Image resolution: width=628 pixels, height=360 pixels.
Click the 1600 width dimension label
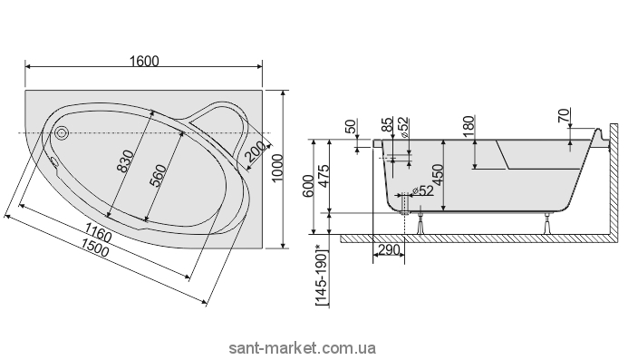point(144,61)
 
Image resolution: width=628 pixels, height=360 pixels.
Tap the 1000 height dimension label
point(277,168)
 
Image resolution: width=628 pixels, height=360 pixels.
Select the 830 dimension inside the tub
point(126,161)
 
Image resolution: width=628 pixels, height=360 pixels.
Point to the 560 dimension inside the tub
point(158,176)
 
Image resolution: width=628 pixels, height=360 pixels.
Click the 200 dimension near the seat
point(256,151)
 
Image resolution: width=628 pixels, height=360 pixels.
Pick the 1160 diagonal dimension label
point(99,232)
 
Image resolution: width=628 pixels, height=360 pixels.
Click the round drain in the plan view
point(62,132)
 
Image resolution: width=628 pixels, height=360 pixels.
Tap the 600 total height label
point(308,186)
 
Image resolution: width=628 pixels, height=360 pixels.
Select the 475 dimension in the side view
point(324,172)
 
